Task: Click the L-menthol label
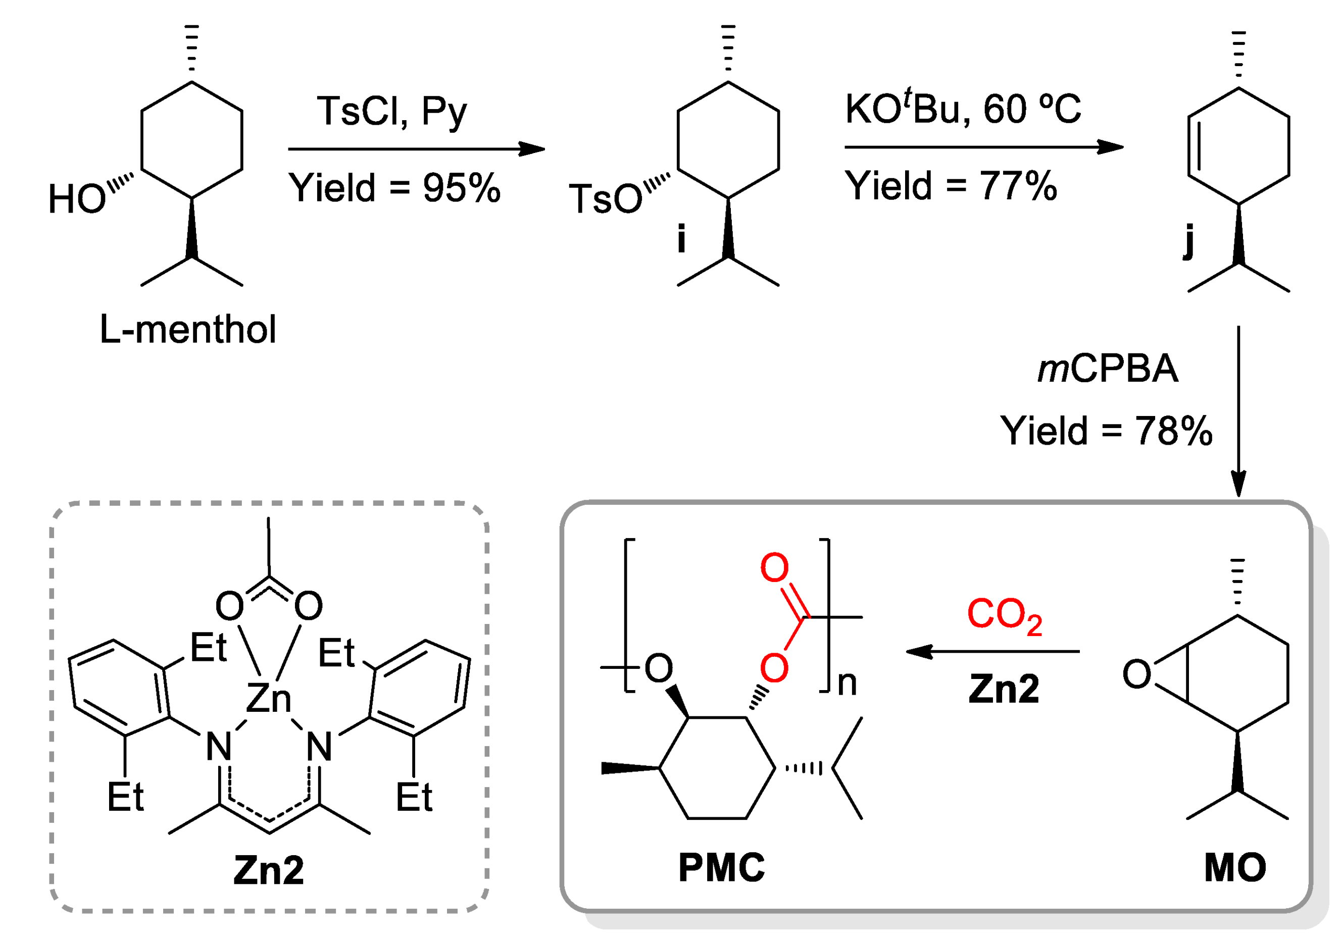tap(187, 330)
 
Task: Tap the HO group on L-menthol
tap(76, 199)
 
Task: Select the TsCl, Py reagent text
tap(392, 111)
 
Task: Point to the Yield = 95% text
tap(394, 188)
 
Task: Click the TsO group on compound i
tap(605, 199)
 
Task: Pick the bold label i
tap(681, 239)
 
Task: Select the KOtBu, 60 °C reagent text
tap(963, 109)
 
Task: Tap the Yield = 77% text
tap(951, 186)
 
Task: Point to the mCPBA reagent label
tap(1107, 369)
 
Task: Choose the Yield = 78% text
tap(1106, 431)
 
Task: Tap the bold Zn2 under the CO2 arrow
tap(1004, 689)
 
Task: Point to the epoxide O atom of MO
tap(1136, 674)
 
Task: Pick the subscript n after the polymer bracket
tap(847, 684)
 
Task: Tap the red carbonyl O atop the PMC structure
tap(774, 567)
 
